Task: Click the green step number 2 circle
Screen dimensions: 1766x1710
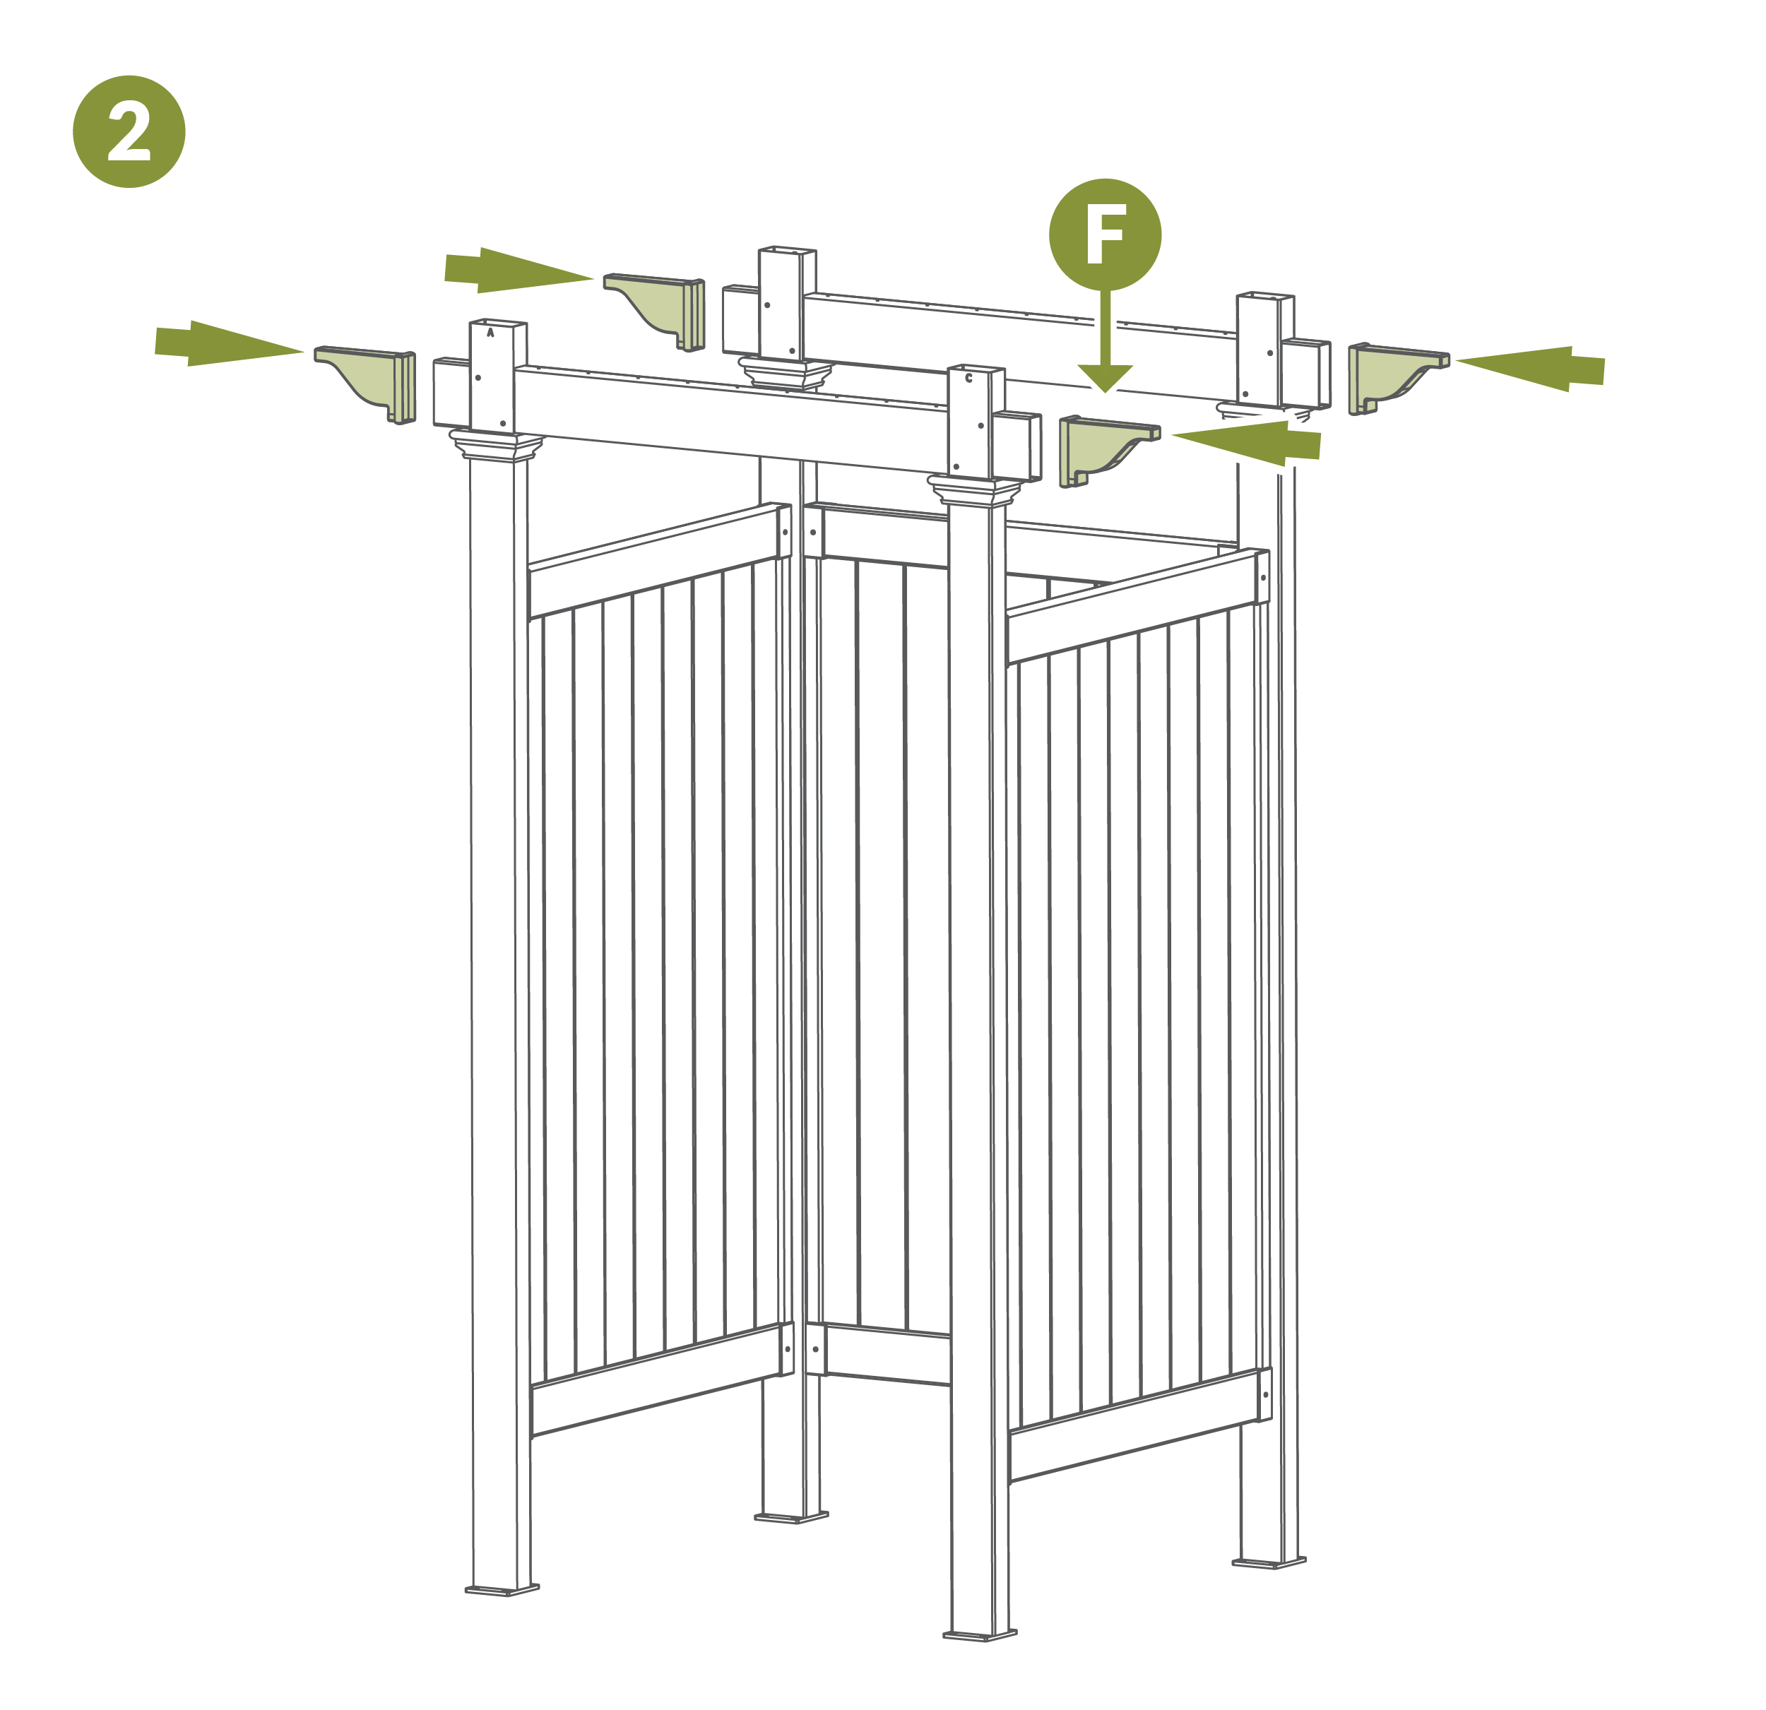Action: coord(129,131)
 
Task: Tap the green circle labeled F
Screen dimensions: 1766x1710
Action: coord(1105,234)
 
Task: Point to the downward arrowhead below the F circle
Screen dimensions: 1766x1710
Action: coord(1105,379)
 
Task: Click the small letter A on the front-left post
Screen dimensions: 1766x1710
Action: coord(490,333)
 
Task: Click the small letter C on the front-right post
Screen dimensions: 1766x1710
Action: coord(968,379)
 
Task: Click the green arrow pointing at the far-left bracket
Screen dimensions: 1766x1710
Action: coord(229,343)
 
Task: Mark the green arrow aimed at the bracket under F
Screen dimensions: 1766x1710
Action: coord(1246,444)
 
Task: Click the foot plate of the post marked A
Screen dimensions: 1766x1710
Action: coord(502,1589)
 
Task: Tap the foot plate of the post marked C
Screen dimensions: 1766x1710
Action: coord(980,1634)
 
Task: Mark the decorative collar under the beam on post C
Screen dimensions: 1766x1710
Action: coord(976,491)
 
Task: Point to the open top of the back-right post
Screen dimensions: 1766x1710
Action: coord(1265,295)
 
